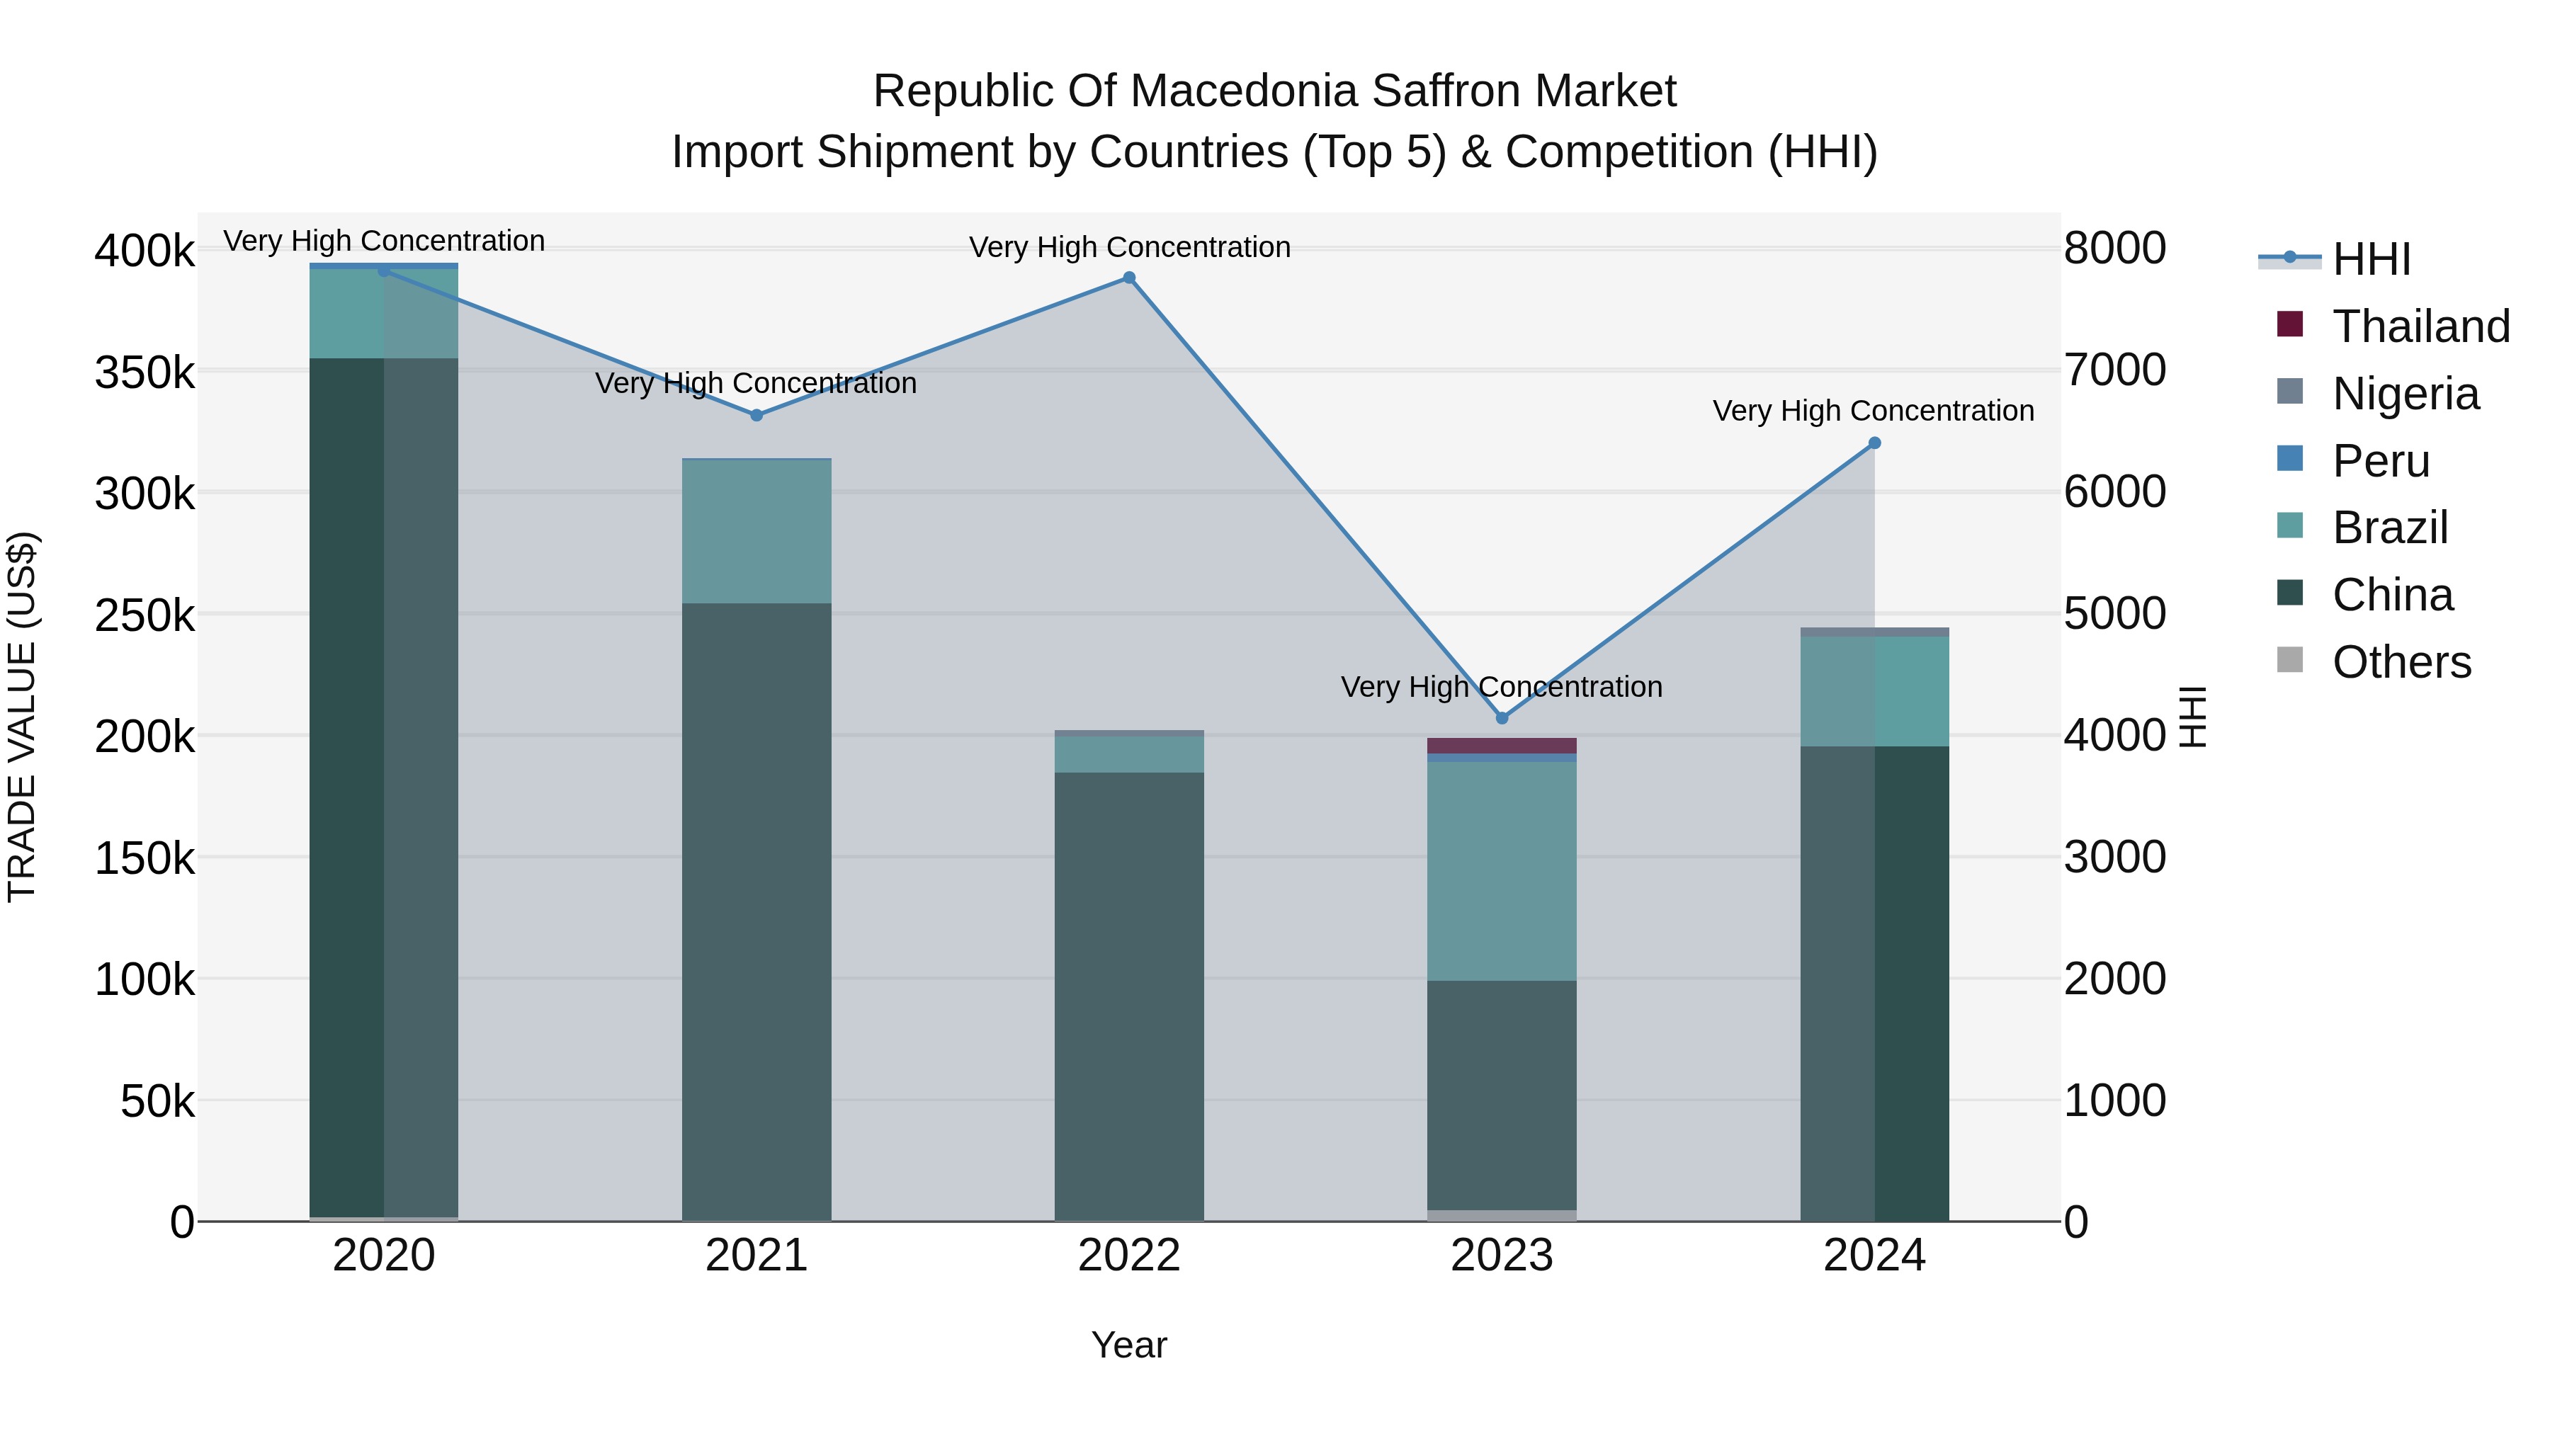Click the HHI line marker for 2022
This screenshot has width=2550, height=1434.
coord(1128,278)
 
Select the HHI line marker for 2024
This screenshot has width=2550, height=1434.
coord(1874,443)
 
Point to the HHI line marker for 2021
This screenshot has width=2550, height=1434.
coord(756,416)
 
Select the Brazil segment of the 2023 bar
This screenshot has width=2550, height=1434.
coord(1502,871)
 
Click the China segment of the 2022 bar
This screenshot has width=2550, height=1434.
coord(1128,995)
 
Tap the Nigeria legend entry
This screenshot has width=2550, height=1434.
coord(2405,394)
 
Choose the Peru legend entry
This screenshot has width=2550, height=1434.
coord(2380,461)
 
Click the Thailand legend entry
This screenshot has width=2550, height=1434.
coord(2420,326)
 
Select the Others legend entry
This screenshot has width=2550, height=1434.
coord(2401,662)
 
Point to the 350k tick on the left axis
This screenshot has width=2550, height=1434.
coord(144,374)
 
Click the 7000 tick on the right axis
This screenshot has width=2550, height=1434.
coord(2114,370)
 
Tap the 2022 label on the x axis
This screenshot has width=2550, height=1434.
coord(1128,1256)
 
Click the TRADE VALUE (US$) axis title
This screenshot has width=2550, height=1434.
coord(22,717)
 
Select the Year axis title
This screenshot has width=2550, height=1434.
coord(1128,1345)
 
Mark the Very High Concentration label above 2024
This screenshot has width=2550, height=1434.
coord(1873,411)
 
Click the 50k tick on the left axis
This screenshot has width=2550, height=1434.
coord(157,1101)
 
